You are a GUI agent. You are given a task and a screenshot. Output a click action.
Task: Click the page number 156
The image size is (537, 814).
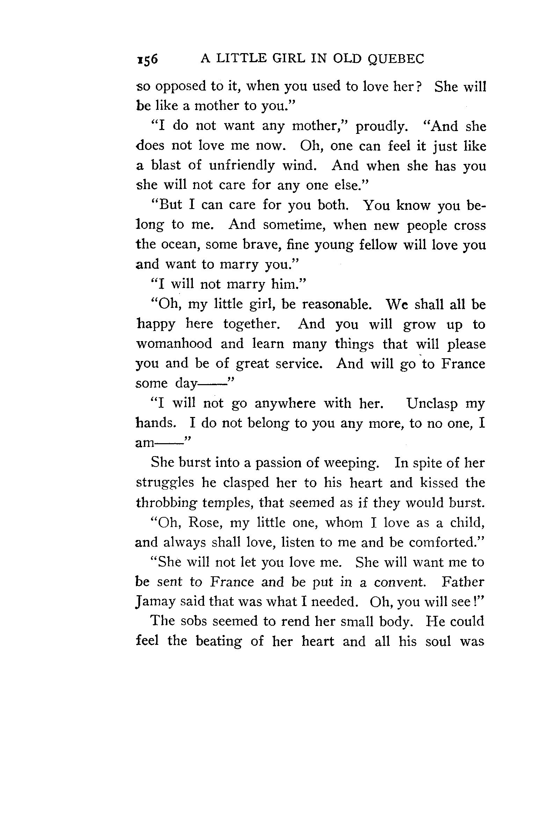(x=147, y=59)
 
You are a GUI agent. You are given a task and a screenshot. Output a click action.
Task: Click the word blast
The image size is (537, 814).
(x=166, y=165)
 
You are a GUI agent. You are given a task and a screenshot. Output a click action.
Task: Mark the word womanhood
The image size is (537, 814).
(x=174, y=344)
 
